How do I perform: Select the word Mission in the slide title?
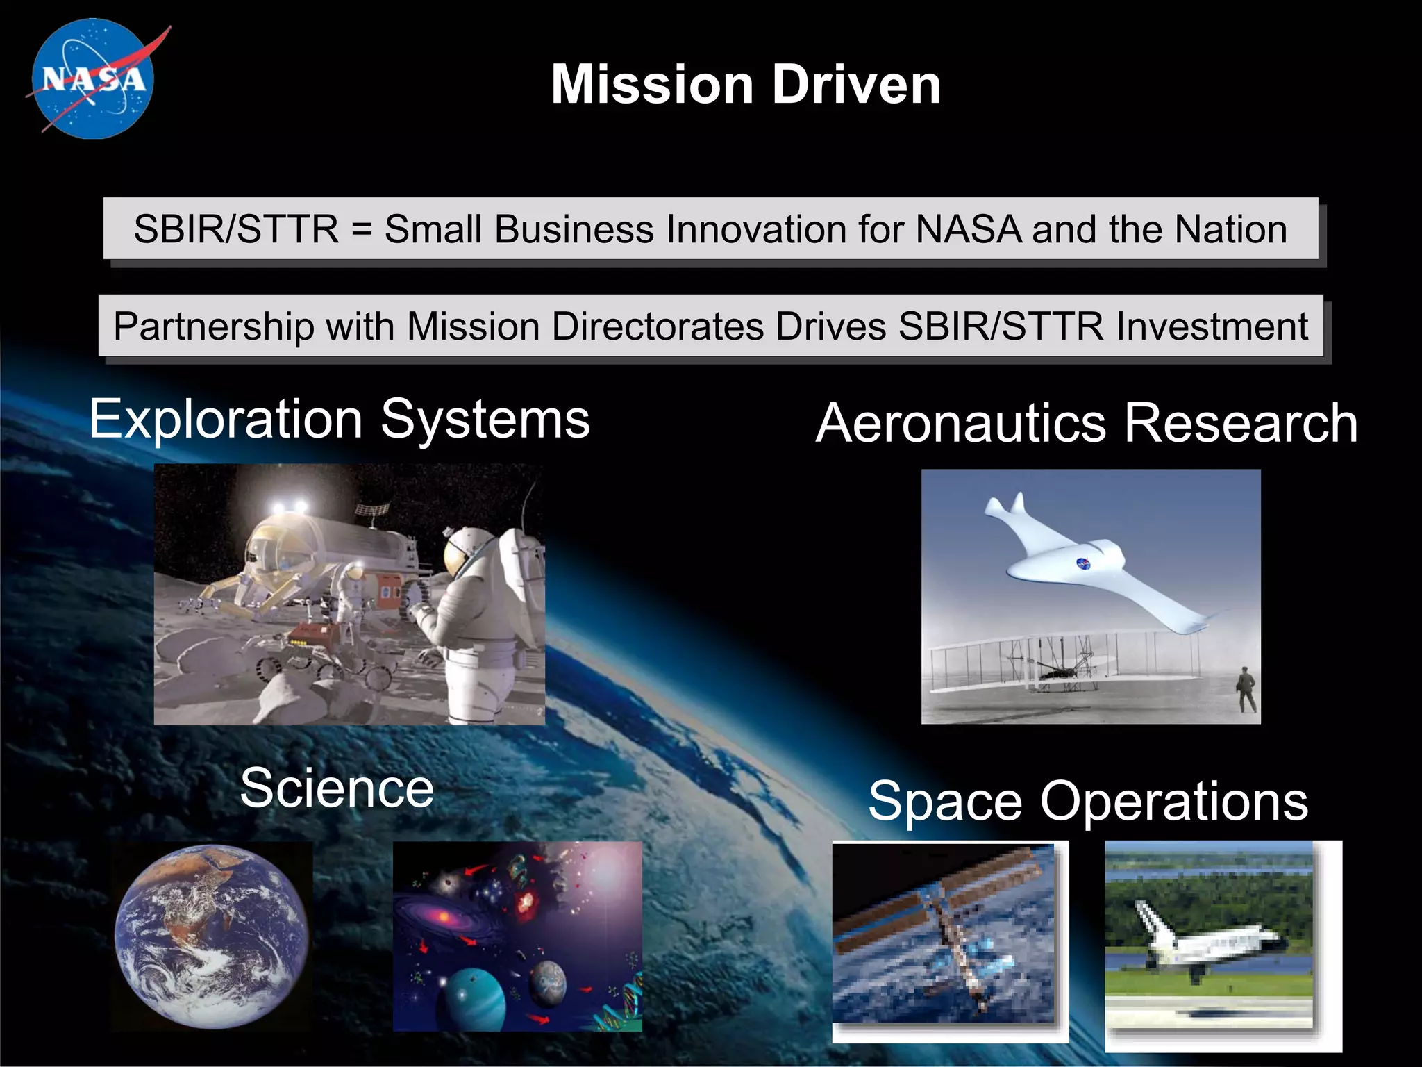652,85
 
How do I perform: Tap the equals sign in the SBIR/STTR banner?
362,229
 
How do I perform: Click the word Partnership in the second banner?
214,326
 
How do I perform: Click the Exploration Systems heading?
340,420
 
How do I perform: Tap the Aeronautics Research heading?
1087,424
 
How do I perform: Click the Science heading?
337,788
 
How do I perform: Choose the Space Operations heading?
1088,801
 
